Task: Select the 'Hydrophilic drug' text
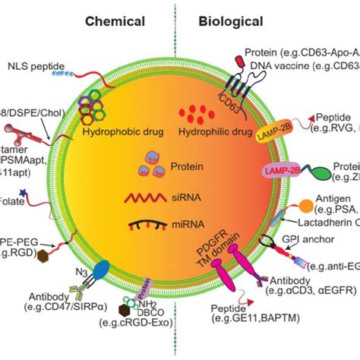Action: pyautogui.click(x=214, y=130)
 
